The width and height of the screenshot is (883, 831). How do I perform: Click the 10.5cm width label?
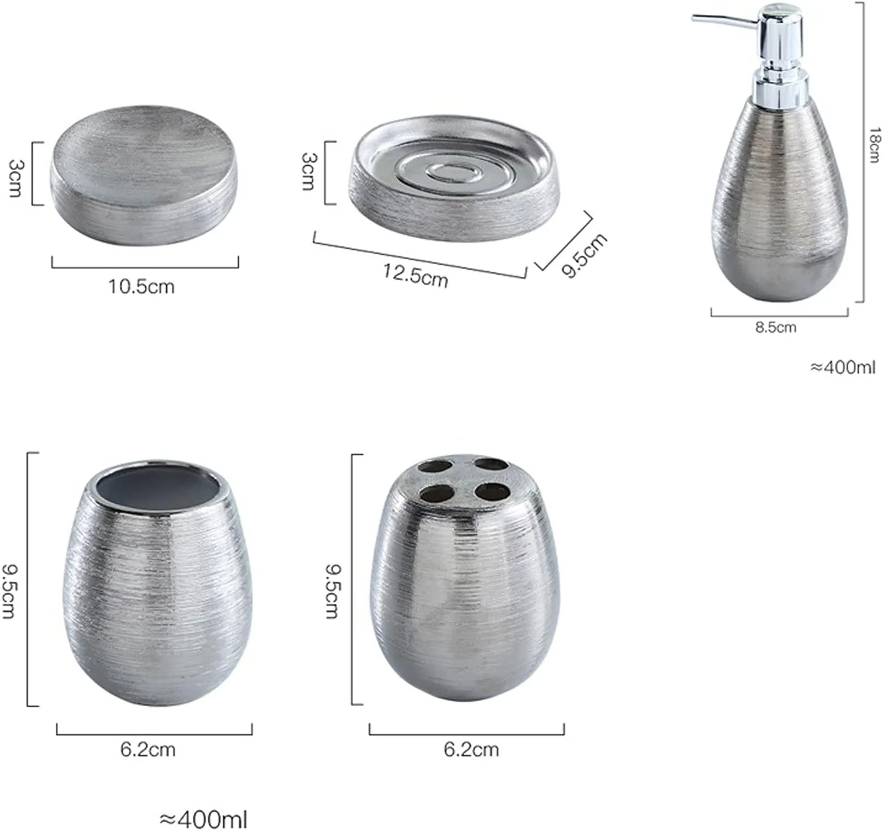pyautogui.click(x=141, y=286)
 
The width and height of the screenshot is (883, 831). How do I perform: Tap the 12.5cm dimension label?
pyautogui.click(x=416, y=276)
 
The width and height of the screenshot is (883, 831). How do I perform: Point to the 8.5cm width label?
pyautogui.click(x=776, y=328)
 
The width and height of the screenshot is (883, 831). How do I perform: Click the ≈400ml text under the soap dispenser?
pyautogui.click(x=842, y=367)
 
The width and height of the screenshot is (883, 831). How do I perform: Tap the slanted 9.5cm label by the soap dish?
pyautogui.click(x=584, y=256)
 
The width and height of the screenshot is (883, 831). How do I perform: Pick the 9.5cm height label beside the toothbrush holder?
pyautogui.click(x=333, y=591)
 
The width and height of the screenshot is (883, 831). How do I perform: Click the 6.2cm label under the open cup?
pyautogui.click(x=148, y=750)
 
